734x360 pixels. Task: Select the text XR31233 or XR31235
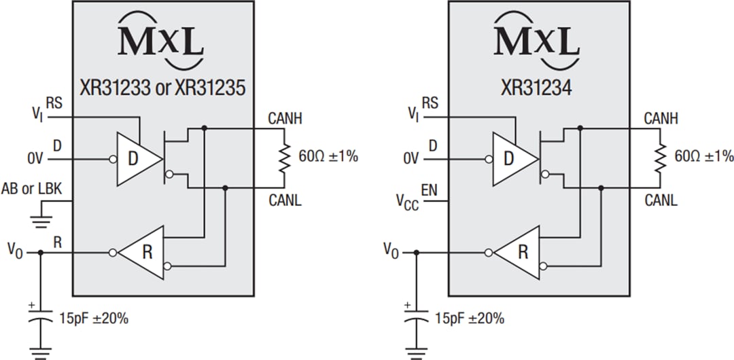[x=163, y=88]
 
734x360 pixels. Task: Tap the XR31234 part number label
[x=538, y=88]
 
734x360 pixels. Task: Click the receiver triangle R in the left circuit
[x=143, y=253]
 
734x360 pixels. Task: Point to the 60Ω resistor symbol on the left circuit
[x=284, y=158]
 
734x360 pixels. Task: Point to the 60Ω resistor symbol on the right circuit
[x=660, y=158]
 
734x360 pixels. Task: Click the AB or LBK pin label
[x=32, y=190]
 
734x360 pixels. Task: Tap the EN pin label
[x=429, y=189]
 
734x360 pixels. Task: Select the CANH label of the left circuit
[x=285, y=120]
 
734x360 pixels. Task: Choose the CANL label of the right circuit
[x=661, y=200]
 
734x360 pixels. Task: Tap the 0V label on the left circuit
[x=36, y=159]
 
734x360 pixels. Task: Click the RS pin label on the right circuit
[x=430, y=103]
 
